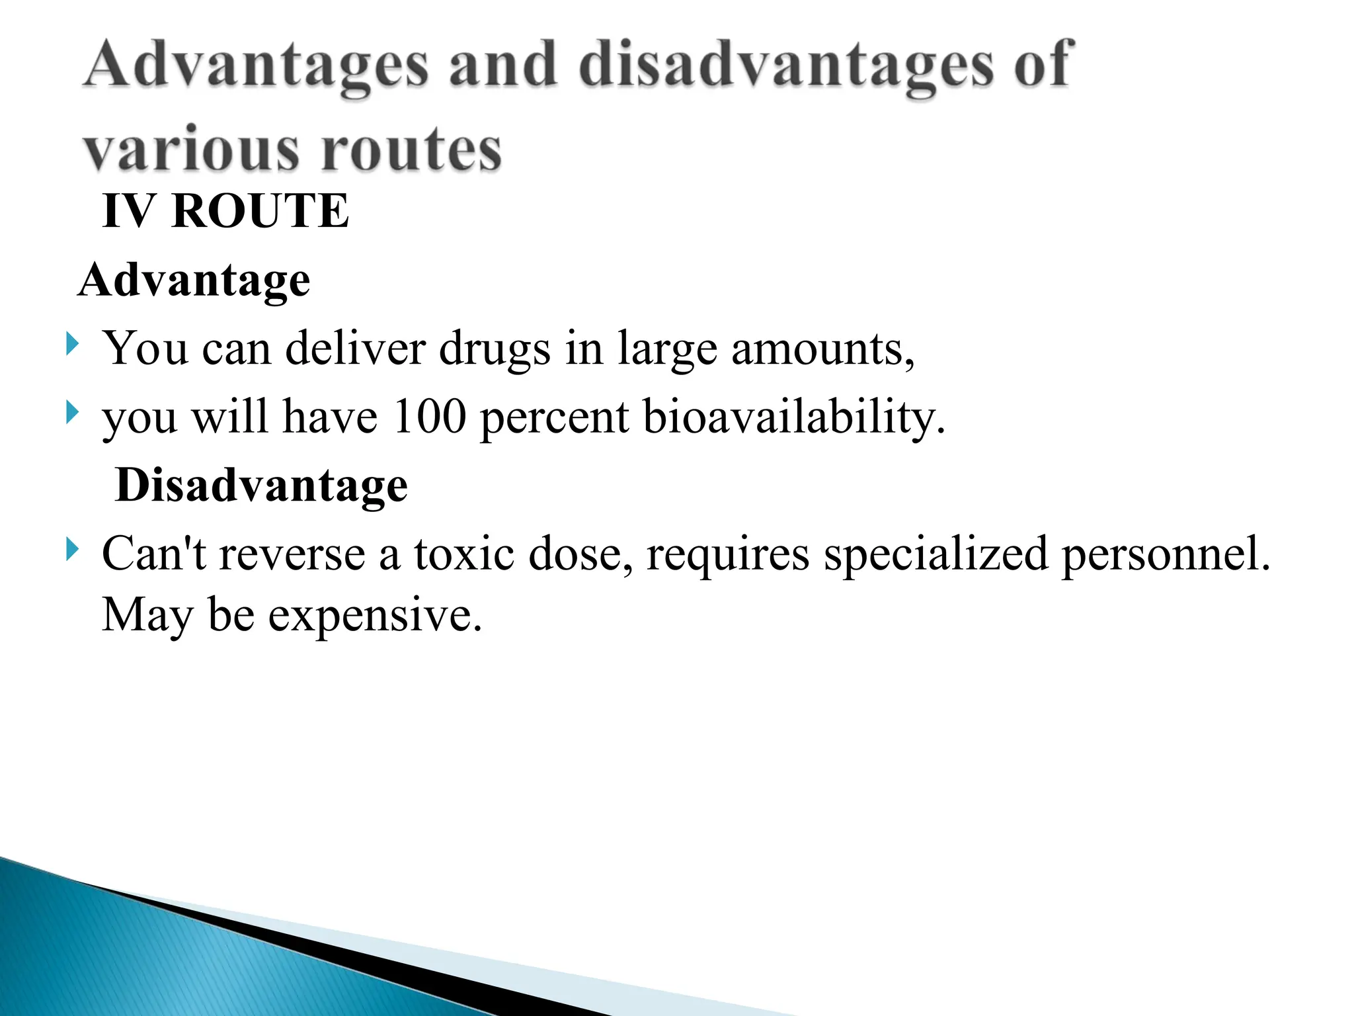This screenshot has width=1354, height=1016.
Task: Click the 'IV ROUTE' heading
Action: pos(225,211)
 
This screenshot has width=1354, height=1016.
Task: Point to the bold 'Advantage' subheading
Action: pos(194,280)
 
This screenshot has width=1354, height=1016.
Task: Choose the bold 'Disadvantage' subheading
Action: pos(261,486)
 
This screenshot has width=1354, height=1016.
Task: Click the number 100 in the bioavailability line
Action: pos(429,417)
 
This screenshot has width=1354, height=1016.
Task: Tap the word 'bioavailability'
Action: pos(793,418)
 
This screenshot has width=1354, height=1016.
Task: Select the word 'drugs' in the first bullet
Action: pos(495,349)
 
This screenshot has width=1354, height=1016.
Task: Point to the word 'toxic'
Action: pos(464,554)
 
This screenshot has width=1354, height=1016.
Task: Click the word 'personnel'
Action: pos(1166,554)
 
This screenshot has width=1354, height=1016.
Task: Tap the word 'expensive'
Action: pos(375,615)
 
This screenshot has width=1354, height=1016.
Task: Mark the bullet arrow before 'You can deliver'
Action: pos(71,344)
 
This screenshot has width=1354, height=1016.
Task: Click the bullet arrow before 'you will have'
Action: pos(71,413)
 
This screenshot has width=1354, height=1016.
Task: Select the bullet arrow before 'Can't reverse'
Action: pos(71,550)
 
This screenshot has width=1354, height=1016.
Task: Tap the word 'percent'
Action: pos(554,418)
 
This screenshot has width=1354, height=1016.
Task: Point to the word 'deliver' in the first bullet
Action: pos(355,349)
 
